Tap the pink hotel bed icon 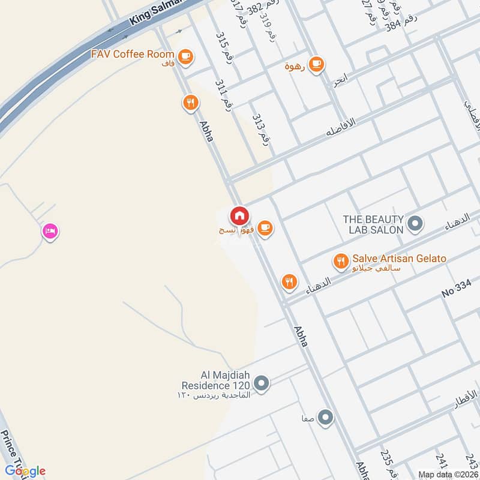50,231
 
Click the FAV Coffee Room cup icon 185,55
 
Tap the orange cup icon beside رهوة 316,63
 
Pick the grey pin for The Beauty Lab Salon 415,225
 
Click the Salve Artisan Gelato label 400,259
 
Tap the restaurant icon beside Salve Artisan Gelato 341,261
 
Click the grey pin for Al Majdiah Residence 261,382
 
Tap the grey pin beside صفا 325,417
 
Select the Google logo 25,471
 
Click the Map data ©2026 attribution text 447,474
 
